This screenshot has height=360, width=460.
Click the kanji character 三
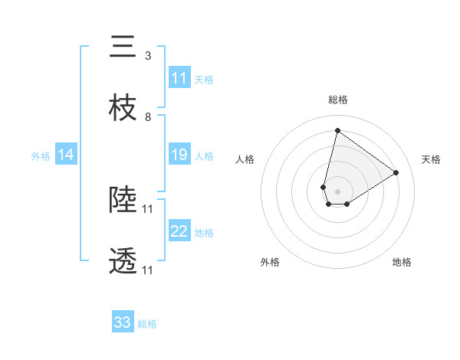click(123, 47)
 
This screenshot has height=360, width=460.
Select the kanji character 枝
click(123, 109)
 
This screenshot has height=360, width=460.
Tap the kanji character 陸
click(123, 201)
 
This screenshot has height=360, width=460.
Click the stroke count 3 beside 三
click(147, 56)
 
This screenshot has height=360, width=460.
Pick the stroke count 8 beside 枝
click(147, 117)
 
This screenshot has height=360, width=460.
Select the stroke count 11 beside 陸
click(149, 209)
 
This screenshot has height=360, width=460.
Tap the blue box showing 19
click(179, 155)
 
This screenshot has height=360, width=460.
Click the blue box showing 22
click(179, 232)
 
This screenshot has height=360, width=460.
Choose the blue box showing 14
click(66, 155)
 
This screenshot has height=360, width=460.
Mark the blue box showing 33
click(123, 322)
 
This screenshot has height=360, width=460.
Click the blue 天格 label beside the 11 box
click(204, 79)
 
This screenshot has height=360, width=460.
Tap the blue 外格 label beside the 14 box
click(41, 156)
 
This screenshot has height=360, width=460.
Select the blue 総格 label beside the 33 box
click(147, 324)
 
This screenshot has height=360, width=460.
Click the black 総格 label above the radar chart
click(337, 100)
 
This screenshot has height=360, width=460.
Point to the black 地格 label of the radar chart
click(402, 262)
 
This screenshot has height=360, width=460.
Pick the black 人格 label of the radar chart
click(245, 159)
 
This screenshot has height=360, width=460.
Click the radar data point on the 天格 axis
click(396, 173)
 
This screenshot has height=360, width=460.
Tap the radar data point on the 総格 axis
click(337, 130)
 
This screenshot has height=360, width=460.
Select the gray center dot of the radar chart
click(337, 191)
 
